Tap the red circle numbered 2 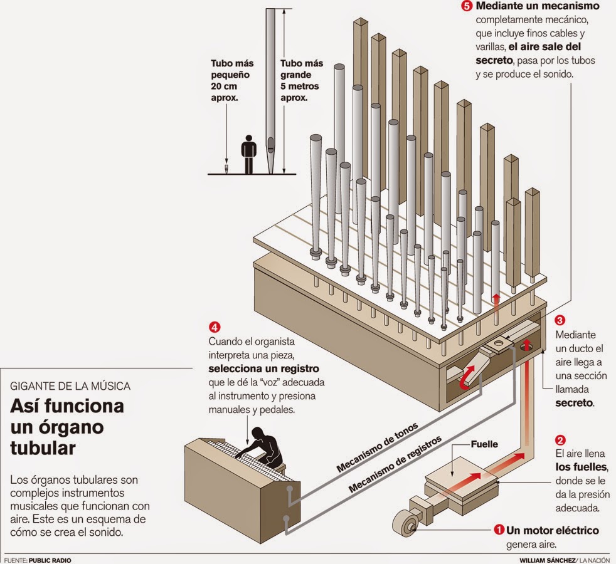click(561, 439)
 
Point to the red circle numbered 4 click(215, 327)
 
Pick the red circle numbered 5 click(466, 6)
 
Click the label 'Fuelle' click(484, 444)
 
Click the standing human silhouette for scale click(249, 154)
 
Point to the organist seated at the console click(265, 445)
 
